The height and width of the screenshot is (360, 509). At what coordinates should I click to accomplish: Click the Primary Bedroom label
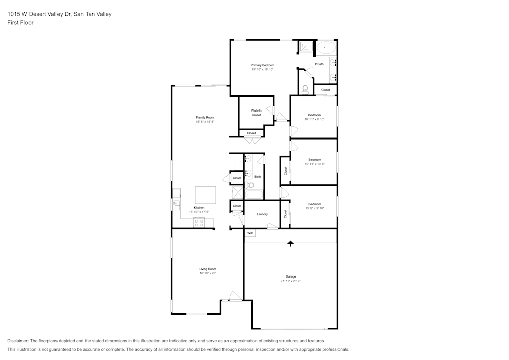[x=262, y=65]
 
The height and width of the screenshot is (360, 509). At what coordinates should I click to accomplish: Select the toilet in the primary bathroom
[x=305, y=89]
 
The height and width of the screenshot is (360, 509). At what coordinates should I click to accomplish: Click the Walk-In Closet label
[x=256, y=113]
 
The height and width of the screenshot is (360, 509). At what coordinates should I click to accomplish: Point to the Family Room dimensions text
[x=205, y=122]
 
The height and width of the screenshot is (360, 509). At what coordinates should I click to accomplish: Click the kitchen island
[x=206, y=195]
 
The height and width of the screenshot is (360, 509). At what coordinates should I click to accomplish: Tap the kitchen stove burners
[x=199, y=222]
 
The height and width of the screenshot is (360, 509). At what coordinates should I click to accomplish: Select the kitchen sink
[x=176, y=204]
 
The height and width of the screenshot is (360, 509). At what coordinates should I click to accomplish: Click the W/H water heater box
[x=250, y=233]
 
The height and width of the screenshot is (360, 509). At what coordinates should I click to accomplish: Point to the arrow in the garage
[x=291, y=243]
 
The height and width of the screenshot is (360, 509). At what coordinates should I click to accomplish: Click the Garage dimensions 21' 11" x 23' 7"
[x=291, y=281]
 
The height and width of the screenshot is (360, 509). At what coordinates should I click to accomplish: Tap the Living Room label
[x=207, y=269]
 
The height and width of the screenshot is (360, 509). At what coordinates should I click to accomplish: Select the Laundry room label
[x=262, y=214]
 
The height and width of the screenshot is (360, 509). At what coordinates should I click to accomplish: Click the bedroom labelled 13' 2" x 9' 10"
[x=314, y=206]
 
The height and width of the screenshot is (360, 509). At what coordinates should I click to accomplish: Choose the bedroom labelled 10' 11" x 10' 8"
[x=314, y=162]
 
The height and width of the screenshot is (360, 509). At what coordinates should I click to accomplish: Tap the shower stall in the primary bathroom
[x=305, y=46]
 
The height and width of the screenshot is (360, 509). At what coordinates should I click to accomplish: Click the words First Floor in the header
[x=20, y=23]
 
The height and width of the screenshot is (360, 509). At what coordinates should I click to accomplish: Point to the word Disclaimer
[x=18, y=341]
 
